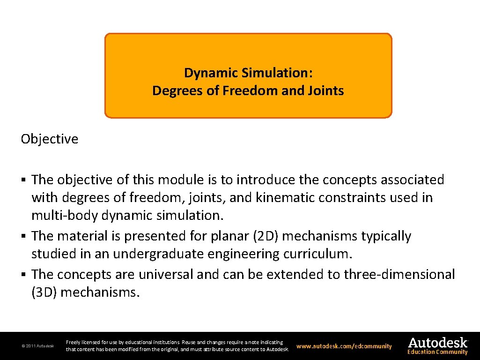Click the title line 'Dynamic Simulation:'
248,73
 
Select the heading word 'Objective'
49,139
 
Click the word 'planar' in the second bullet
228,236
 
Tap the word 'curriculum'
317,254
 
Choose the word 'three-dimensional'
399,274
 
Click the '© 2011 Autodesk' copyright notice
37,346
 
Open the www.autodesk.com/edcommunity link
344,346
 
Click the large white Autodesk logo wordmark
437,342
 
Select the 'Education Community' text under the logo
437,352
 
